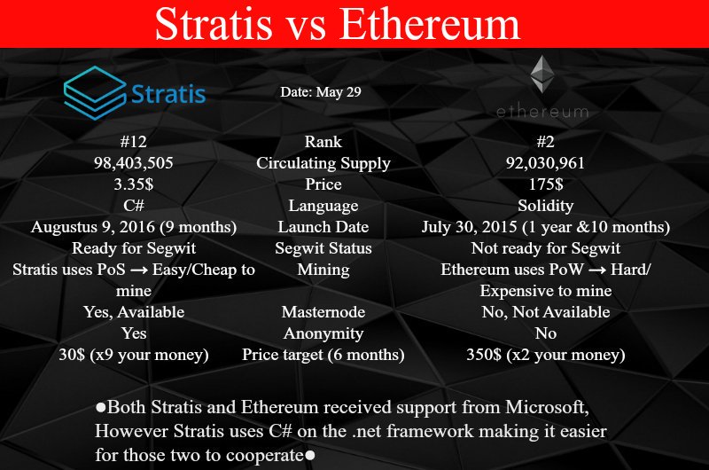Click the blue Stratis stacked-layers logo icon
tap(95, 93)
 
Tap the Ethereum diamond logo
tap(542, 74)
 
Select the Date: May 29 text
tap(321, 92)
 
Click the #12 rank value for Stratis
tap(134, 142)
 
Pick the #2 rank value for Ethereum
tap(545, 142)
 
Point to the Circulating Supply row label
tap(323, 163)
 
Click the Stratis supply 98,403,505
tap(134, 163)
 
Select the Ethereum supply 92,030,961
tap(545, 163)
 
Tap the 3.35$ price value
tap(134, 184)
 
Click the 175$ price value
tap(546, 184)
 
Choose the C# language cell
tap(134, 206)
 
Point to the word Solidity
tap(546, 206)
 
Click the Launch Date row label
tap(323, 227)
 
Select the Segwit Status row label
tap(323, 248)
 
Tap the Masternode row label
tap(323, 311)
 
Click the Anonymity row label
tap(323, 333)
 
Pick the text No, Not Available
tap(546, 311)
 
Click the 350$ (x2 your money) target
tap(546, 355)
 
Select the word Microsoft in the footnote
tap(547, 407)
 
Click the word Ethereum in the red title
tap(430, 24)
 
